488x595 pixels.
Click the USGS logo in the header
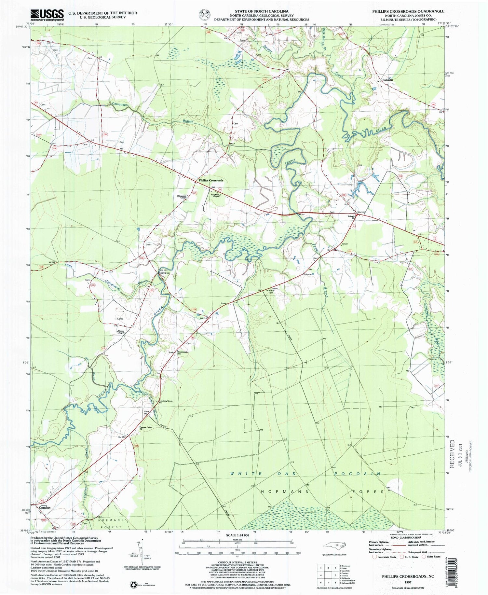[47, 15]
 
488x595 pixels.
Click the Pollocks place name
[388, 80]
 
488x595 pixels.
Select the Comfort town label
[45, 507]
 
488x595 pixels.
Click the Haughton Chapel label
[216, 196]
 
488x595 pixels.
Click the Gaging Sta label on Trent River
[164, 273]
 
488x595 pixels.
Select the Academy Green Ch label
[165, 402]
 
